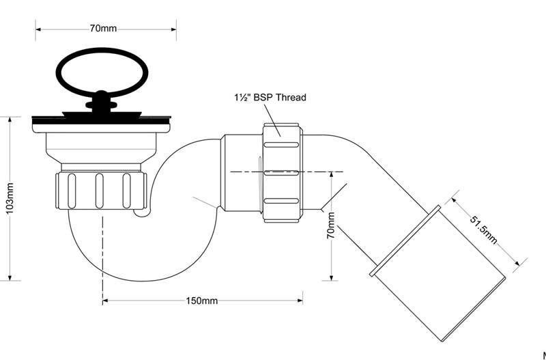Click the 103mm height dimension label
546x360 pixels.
point(10,198)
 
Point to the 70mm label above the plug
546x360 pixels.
point(103,29)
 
